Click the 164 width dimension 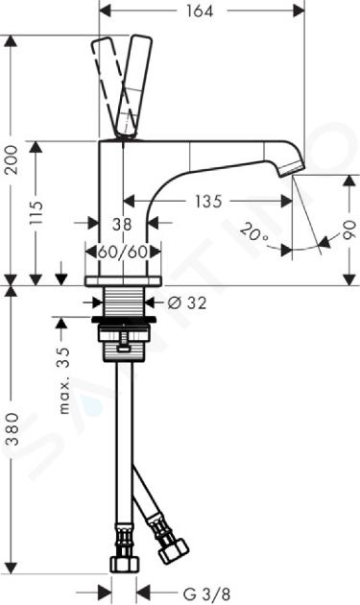coord(200,11)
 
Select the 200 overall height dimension coord(12,159)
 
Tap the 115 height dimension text coord(37,213)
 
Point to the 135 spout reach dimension coord(208,201)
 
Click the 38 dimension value coord(122,224)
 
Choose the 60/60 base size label coord(122,253)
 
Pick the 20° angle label coord(253,233)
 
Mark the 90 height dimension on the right coord(348,230)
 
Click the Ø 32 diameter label coord(187,302)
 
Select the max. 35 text coord(64,380)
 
